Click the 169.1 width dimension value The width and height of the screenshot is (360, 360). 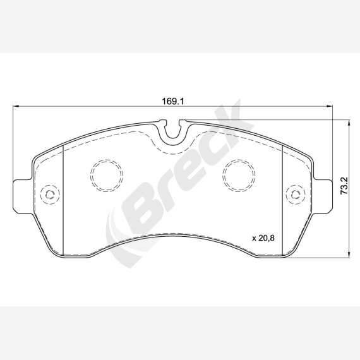173,101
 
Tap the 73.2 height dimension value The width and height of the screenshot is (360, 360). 344,186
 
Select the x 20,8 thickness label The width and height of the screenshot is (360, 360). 263,238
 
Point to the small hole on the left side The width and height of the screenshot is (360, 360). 50,195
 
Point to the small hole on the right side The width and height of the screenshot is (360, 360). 296,195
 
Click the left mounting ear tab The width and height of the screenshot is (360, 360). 22,196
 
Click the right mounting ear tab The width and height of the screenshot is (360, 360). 323,196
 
